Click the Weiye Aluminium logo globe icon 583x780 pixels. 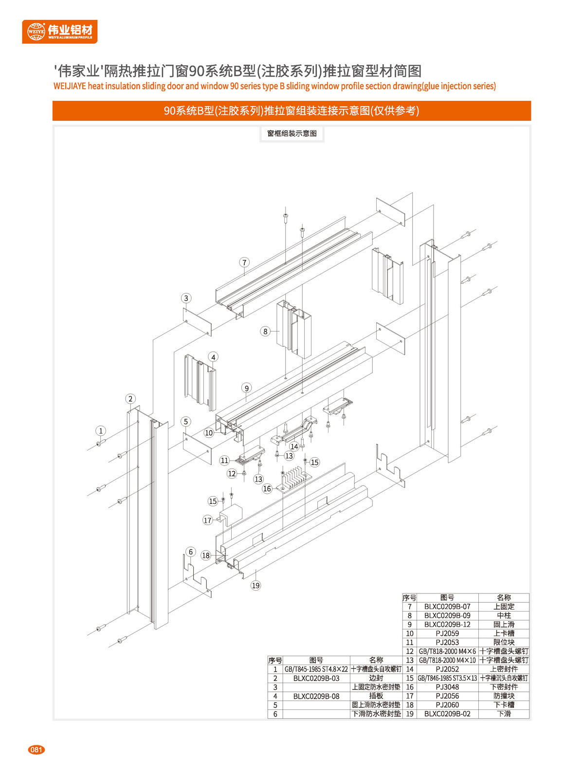(36, 32)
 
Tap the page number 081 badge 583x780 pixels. (36, 750)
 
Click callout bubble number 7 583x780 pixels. (244, 262)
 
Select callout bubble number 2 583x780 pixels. (130, 399)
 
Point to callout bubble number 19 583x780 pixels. (255, 586)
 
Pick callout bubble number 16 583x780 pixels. (267, 489)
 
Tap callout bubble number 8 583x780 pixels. (265, 332)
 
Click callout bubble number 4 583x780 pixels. (213, 357)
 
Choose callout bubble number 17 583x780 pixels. (207, 520)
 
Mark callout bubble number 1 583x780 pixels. (101, 431)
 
